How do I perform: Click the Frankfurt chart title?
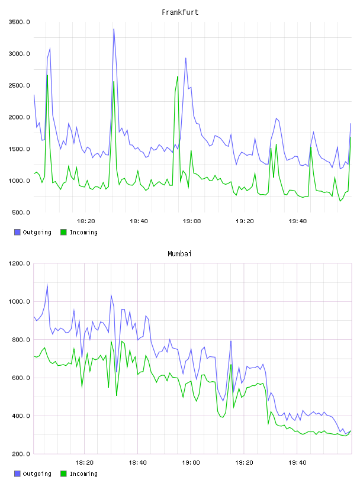pos(180,12)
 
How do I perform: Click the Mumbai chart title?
pos(179,254)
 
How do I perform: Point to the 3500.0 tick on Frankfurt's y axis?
pos(19,22)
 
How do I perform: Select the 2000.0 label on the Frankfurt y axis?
pos(19,117)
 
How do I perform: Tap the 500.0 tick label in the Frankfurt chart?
pos(21,212)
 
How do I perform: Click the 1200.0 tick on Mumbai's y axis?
pos(19,263)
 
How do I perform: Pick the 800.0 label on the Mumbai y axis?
pos(21,339)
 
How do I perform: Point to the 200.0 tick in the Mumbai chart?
pos(21,454)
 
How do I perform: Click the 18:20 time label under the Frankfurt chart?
pos(86,221)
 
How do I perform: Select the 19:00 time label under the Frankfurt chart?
pos(192,221)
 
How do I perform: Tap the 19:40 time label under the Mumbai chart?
pos(297,463)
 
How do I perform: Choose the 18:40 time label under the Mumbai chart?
pos(138,463)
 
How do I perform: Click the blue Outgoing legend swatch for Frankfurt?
pos(17,232)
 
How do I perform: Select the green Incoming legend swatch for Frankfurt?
pos(63,232)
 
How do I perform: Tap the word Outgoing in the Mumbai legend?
pos(37,474)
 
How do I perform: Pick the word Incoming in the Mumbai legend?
pos(83,474)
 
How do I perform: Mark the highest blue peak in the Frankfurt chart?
pos(114,29)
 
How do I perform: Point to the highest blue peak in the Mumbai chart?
pos(47,285)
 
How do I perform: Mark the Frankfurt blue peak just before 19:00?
pos(185,58)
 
